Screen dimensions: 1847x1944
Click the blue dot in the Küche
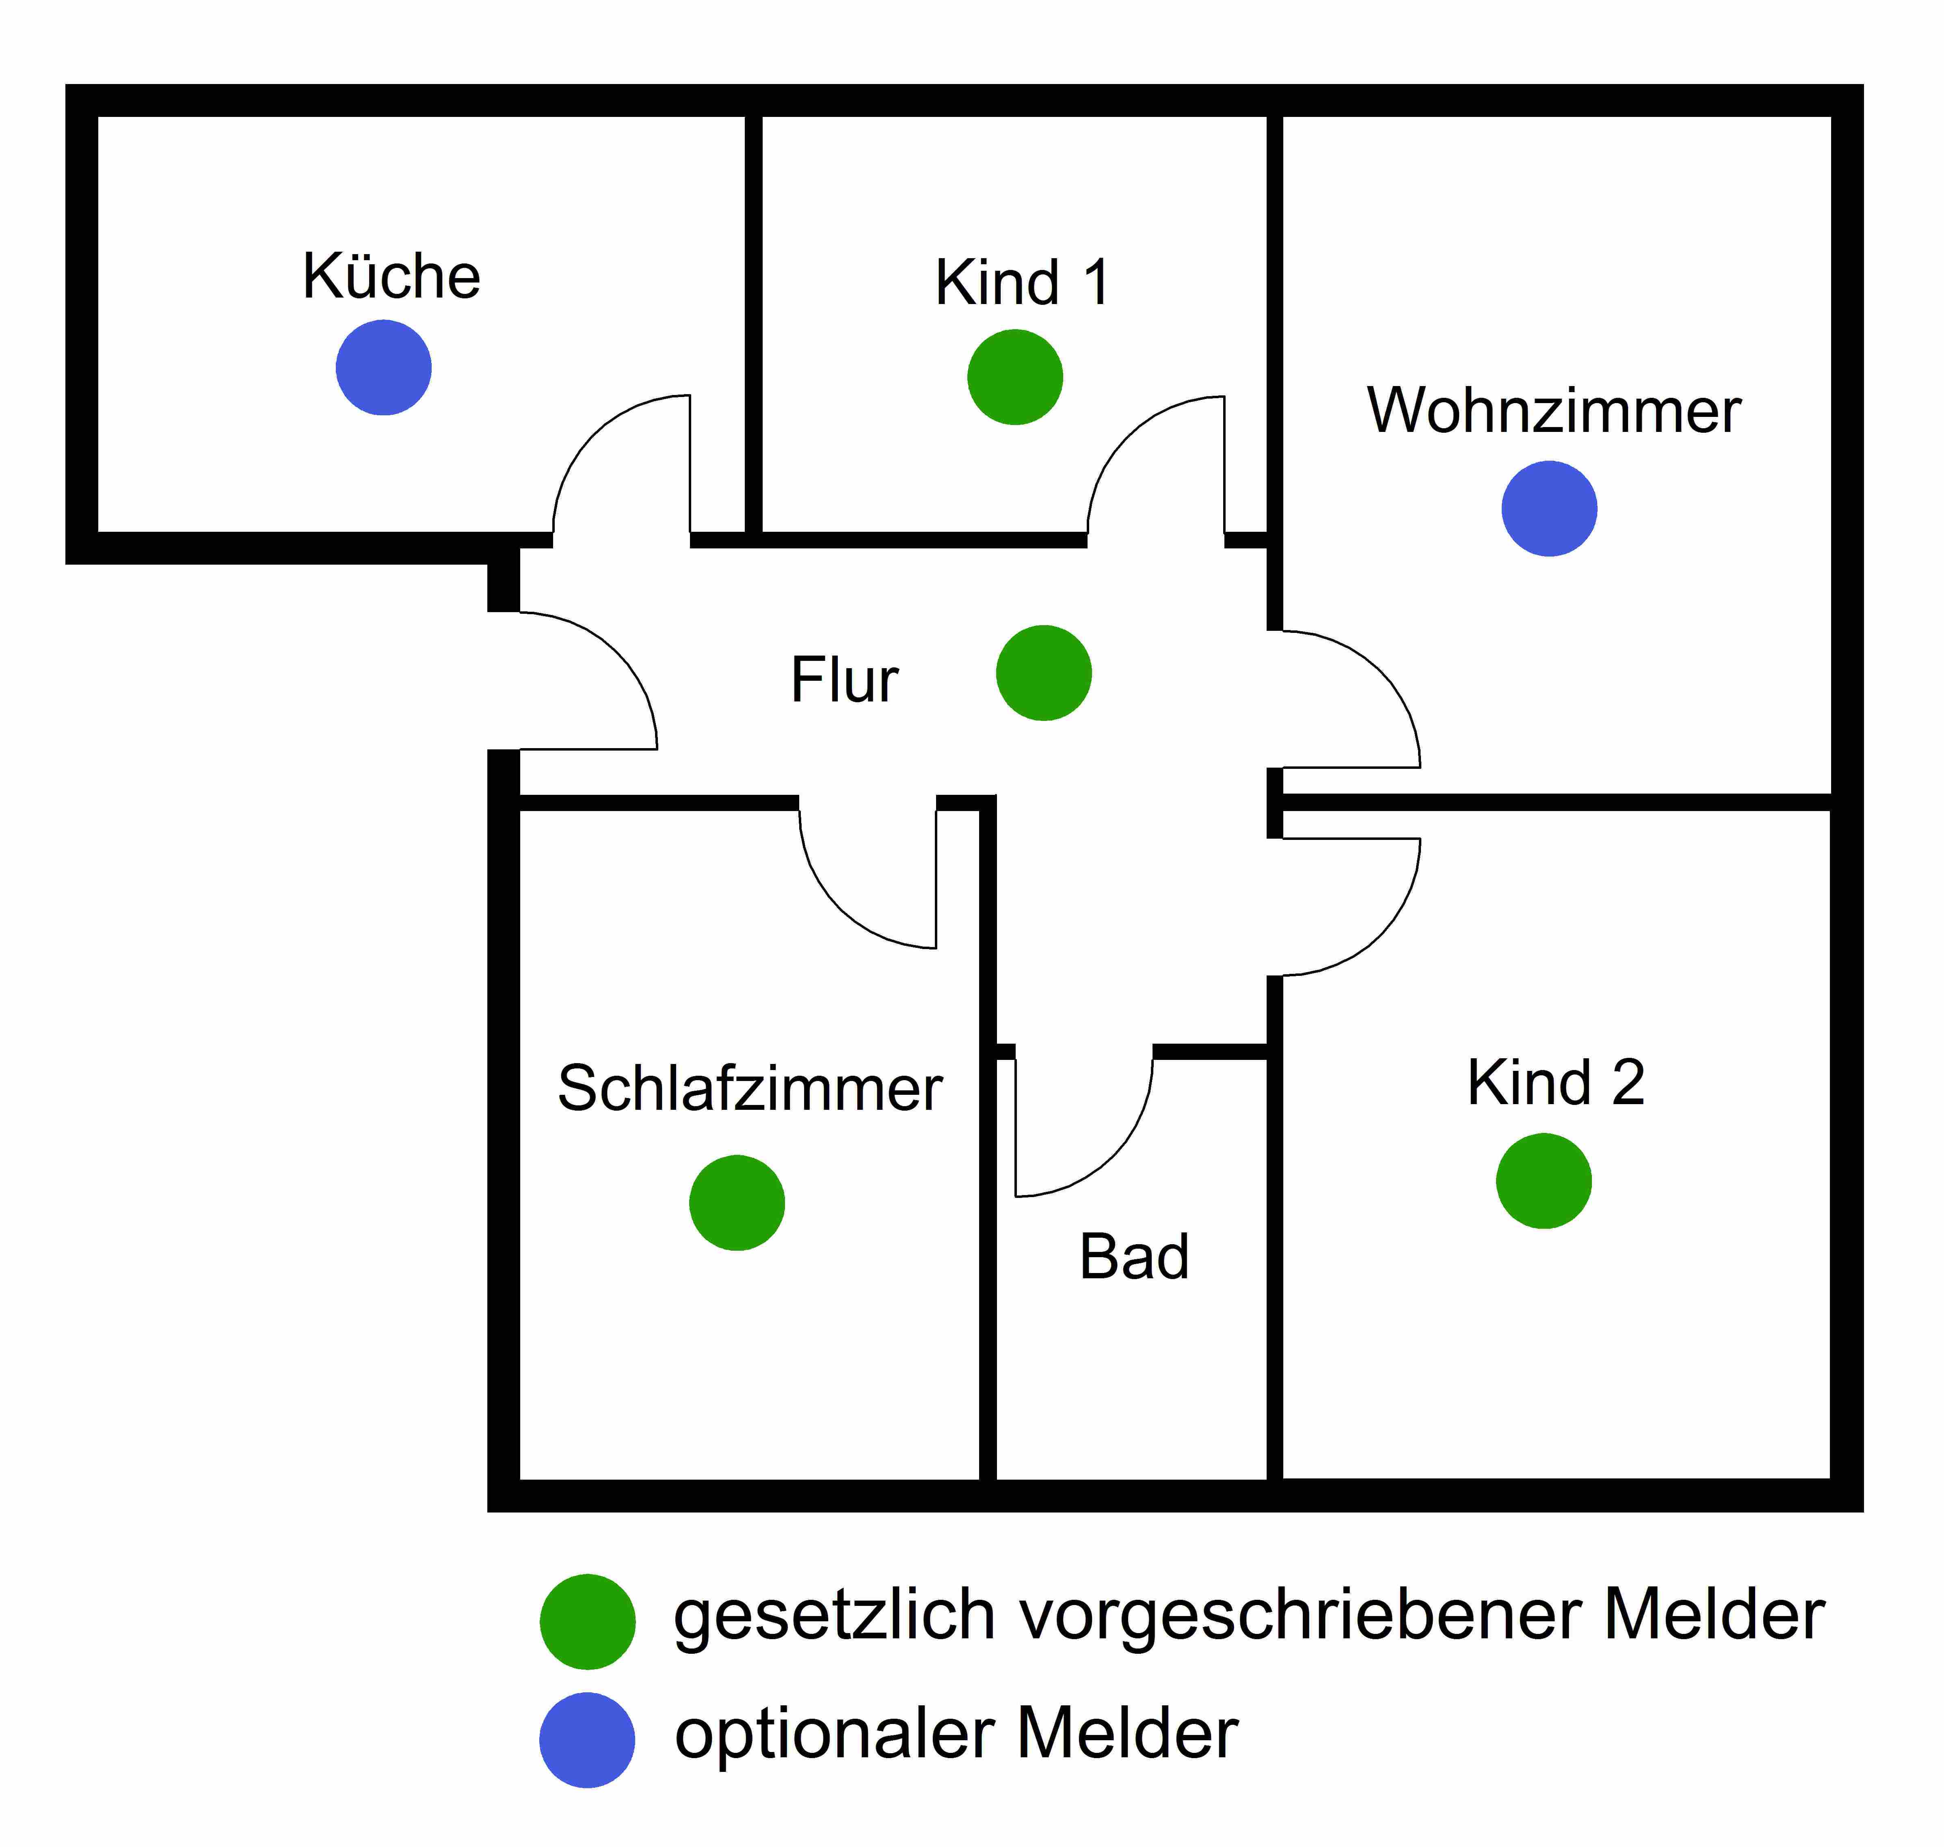[383, 367]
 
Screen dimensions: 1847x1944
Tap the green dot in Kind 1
[1014, 377]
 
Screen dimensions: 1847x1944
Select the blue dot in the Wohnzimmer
[1548, 508]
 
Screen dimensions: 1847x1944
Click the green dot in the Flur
[1043, 673]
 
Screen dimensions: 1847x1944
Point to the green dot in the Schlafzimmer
[737, 1202]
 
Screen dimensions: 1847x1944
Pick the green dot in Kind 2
[1543, 1180]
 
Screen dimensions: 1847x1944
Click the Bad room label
[1133, 1257]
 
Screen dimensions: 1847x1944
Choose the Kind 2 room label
[1555, 1083]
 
